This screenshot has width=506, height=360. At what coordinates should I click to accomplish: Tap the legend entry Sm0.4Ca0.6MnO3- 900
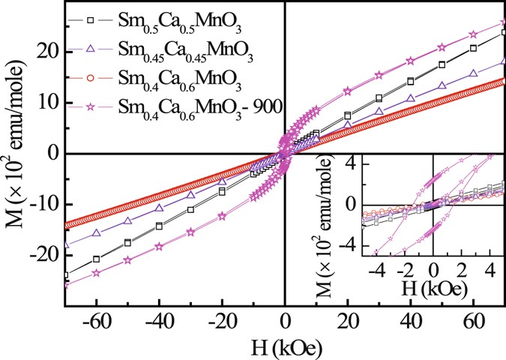(x=199, y=109)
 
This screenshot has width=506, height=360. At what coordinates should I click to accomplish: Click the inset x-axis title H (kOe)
(x=433, y=287)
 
